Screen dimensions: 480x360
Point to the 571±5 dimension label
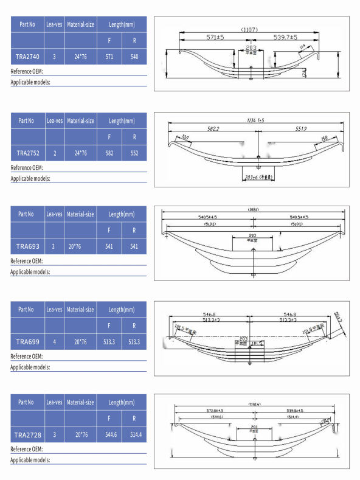click(215, 38)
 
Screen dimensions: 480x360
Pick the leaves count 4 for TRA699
click(55, 342)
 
